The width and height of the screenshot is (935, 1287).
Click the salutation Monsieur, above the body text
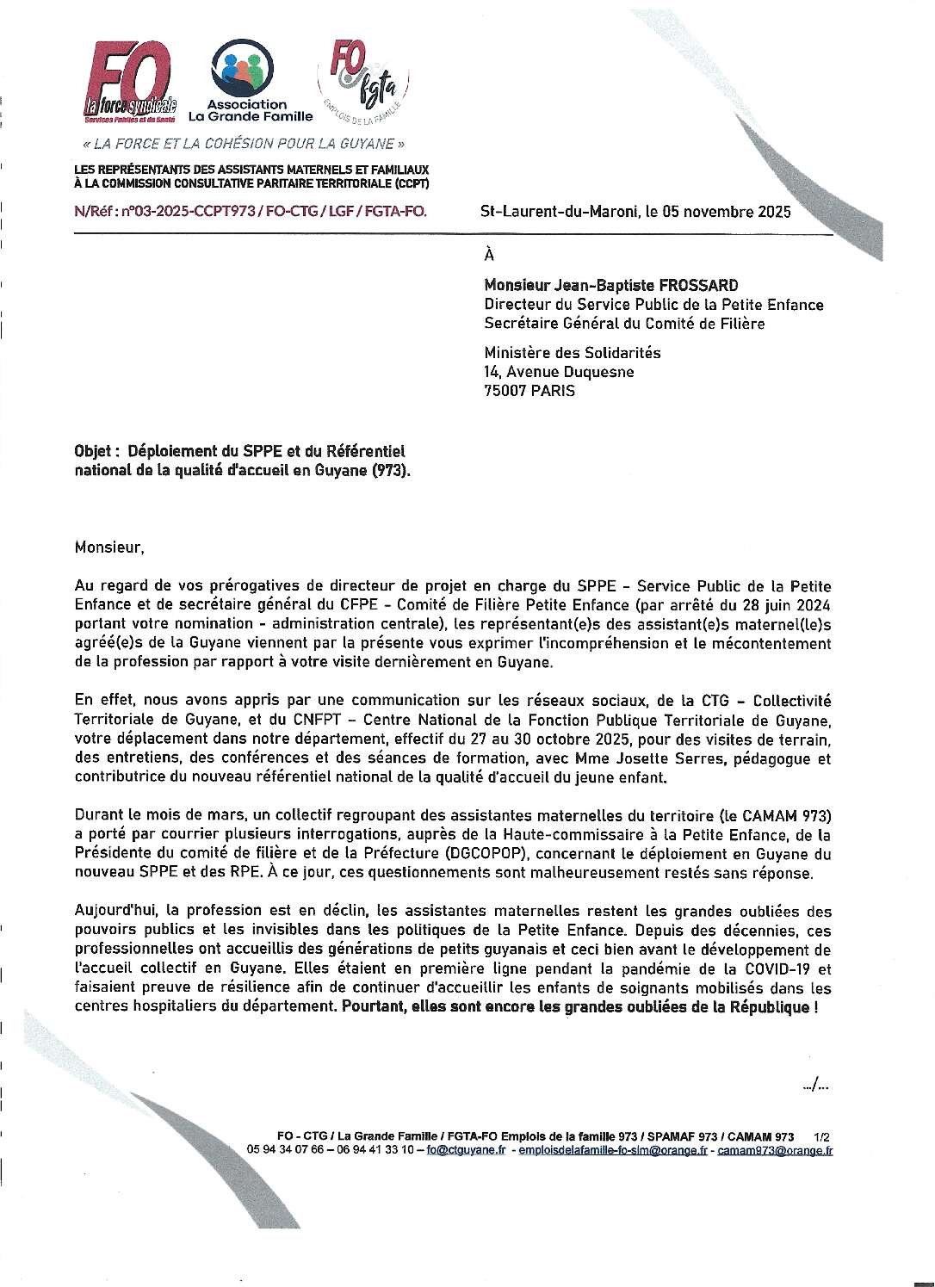[x=106, y=547]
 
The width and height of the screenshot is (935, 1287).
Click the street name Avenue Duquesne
[x=571, y=372]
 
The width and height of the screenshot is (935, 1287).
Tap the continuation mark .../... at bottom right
[x=815, y=1087]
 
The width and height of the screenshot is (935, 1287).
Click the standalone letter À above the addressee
[x=490, y=254]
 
